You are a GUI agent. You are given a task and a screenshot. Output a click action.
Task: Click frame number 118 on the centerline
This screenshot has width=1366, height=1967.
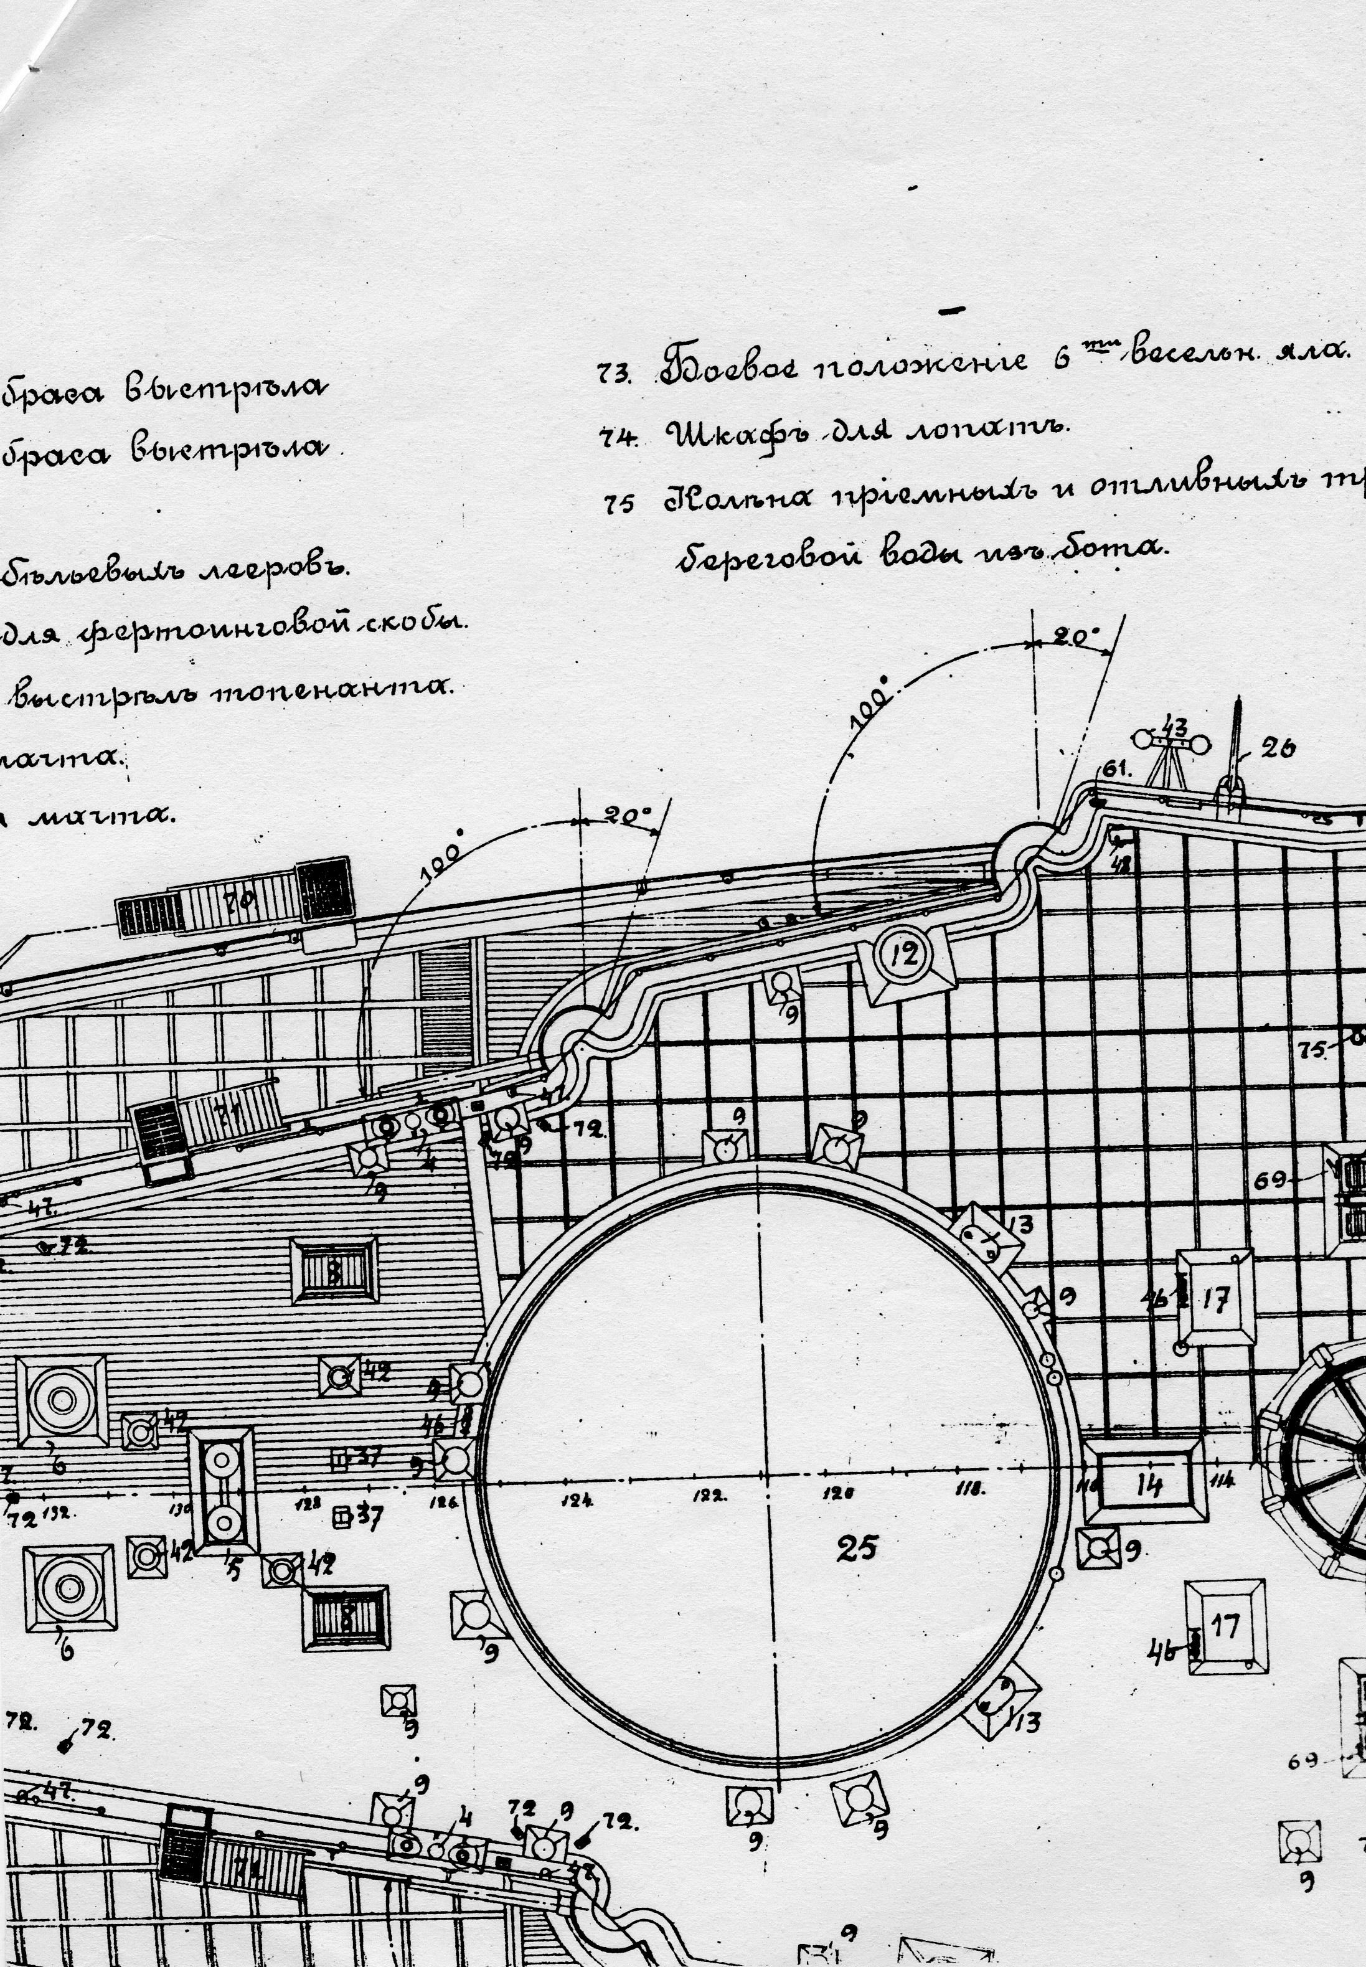970,1489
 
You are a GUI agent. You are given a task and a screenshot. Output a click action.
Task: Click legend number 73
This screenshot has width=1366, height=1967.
615,374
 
